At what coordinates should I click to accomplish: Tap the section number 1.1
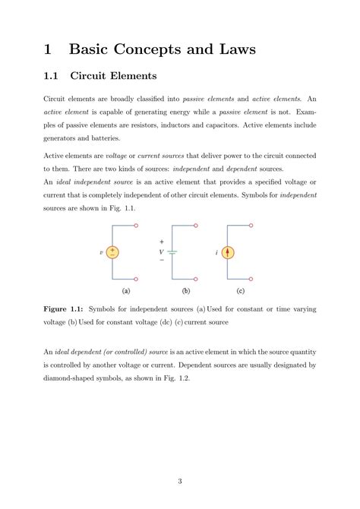pos(52,76)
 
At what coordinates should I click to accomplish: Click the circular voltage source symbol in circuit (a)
pos(112,252)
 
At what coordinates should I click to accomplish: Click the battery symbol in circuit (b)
pos(173,252)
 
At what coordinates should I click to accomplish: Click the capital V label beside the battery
pos(161,251)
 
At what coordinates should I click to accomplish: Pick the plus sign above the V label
pos(161,242)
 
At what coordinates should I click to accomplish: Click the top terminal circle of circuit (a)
pos(136,226)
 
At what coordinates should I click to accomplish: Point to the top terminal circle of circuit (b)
pos(197,226)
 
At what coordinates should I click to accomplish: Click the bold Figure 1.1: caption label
pos(63,310)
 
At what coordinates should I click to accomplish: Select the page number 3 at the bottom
pos(179,481)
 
